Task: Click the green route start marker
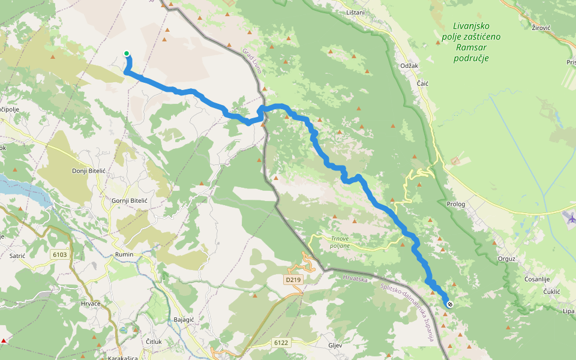pyautogui.click(x=127, y=53)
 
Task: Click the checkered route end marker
pyautogui.click(x=449, y=304)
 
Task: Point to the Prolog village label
pyautogui.click(x=456, y=204)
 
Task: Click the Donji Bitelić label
pyautogui.click(x=89, y=171)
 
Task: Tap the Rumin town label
pyautogui.click(x=124, y=254)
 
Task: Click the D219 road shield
pyautogui.click(x=292, y=279)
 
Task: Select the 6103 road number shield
pyautogui.click(x=60, y=255)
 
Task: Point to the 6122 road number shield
pyautogui.click(x=281, y=343)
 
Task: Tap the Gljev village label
pyautogui.click(x=335, y=346)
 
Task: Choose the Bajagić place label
pyautogui.click(x=184, y=319)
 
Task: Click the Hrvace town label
pyautogui.click(x=91, y=304)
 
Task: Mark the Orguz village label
pyautogui.click(x=506, y=259)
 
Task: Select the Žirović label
pyautogui.click(x=541, y=28)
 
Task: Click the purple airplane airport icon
pyautogui.click(x=571, y=217)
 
